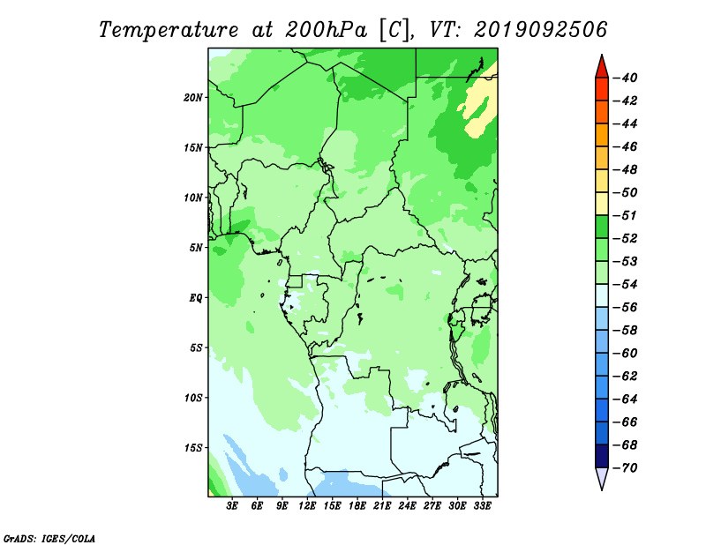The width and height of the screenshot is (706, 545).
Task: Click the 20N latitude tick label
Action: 193,98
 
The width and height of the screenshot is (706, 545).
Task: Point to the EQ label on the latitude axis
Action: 196,298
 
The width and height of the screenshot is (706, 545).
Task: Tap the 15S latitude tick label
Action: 193,448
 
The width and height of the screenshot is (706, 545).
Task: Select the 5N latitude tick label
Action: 196,248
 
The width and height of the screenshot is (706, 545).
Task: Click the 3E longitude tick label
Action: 232,506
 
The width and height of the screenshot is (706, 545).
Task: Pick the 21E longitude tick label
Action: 382,506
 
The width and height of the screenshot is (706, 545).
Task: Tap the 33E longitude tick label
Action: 482,506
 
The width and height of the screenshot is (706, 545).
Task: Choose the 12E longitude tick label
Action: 307,506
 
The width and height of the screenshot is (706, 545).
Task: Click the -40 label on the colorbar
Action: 625,78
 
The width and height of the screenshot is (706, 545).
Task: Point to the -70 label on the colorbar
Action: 625,468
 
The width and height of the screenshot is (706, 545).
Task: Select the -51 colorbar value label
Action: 625,215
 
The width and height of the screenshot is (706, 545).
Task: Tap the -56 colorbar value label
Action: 625,308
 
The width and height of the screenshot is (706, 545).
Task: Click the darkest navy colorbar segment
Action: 602,456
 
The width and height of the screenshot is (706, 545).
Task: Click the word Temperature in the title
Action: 168,30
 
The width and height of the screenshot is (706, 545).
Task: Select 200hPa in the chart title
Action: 326,30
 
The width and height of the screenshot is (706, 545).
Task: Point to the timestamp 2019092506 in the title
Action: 540,30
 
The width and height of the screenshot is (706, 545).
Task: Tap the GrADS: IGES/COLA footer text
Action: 49,538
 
